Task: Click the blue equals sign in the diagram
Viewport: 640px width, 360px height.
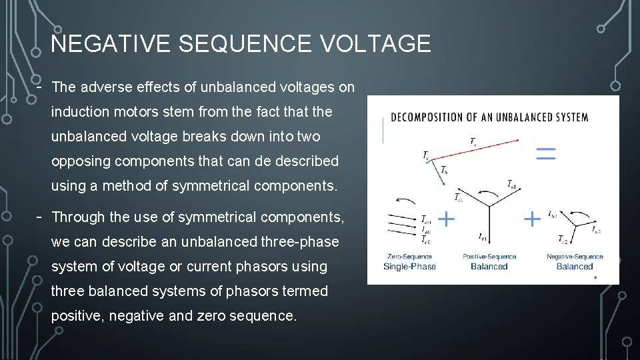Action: (x=545, y=154)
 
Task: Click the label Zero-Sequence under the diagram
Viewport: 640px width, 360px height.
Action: (x=409, y=257)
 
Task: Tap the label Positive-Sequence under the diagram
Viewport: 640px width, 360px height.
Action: (x=489, y=257)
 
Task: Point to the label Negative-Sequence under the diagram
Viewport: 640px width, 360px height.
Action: (x=575, y=257)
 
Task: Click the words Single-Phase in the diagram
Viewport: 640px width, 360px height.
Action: (x=409, y=267)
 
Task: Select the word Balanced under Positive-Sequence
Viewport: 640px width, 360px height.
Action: (x=489, y=267)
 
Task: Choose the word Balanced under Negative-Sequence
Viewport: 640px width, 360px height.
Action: (x=575, y=267)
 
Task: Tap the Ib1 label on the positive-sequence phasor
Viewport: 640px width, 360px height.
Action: (x=482, y=237)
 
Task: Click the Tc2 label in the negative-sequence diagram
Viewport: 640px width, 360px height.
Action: (x=563, y=239)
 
